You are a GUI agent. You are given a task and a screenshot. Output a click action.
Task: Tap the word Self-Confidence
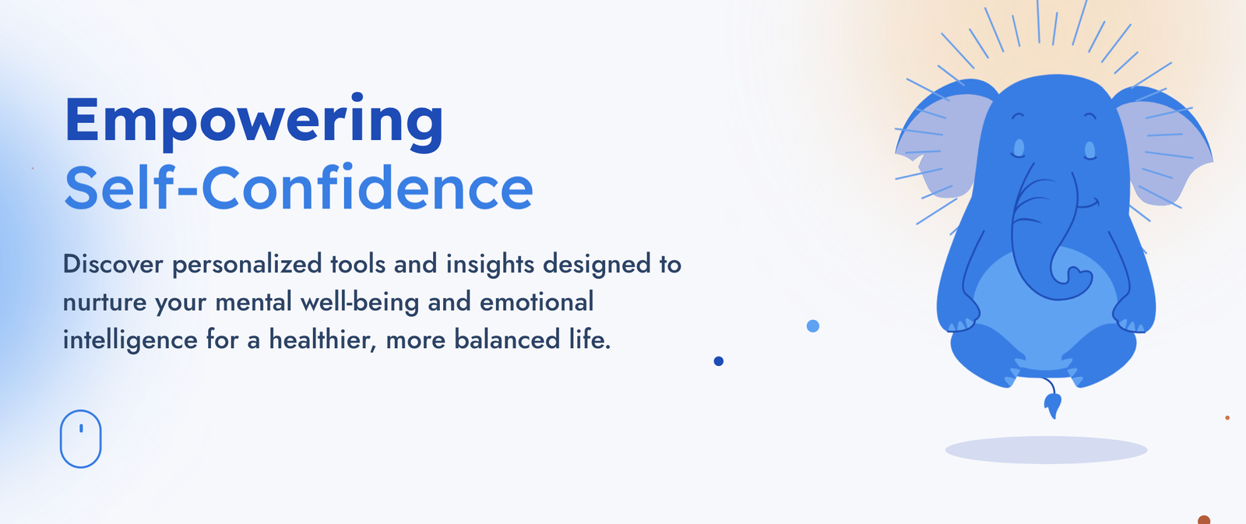pos(299,188)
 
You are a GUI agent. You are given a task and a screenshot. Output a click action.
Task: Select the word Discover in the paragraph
pos(113,264)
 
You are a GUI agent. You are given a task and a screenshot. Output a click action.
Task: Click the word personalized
pos(247,265)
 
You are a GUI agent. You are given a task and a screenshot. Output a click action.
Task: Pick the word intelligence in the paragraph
pos(130,340)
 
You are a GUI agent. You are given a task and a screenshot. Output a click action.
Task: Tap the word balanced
pos(507,339)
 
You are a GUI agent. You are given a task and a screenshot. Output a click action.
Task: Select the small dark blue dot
pos(719,361)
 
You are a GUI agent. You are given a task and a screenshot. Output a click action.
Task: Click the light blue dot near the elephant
pos(813,326)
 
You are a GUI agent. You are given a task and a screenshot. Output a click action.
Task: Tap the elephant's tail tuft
pos(1052,405)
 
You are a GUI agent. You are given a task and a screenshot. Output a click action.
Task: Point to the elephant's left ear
pos(940,139)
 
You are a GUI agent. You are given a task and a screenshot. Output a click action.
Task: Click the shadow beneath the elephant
pos(1047,450)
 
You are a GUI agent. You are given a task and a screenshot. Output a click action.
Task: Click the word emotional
pos(537,302)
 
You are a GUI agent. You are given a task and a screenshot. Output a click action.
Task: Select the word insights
pos(490,265)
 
